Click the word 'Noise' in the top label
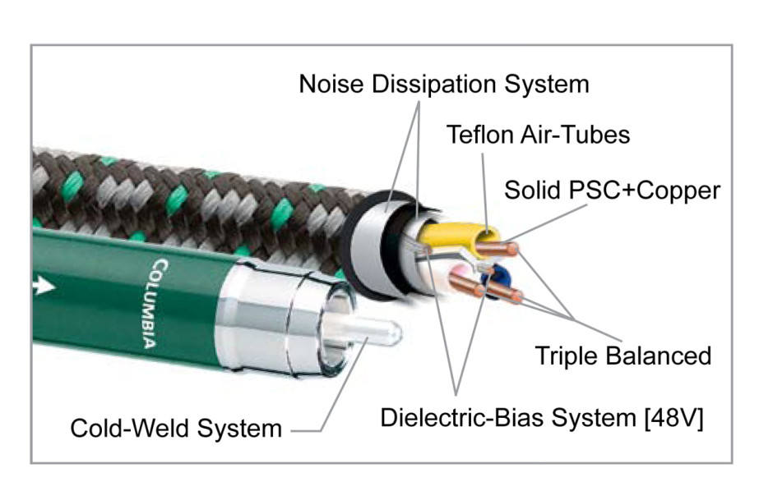tap(331, 84)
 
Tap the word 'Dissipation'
tap(433, 85)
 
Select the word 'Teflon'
tap(479, 135)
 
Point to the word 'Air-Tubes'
tap(575, 135)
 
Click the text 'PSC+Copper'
tap(645, 191)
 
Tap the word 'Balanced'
tap(659, 356)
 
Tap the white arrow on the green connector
tap(44, 285)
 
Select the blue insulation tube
tap(494, 282)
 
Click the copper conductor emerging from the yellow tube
tap(497, 249)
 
